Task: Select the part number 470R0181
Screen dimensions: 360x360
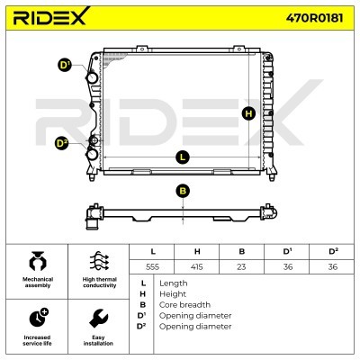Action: pyautogui.click(x=314, y=18)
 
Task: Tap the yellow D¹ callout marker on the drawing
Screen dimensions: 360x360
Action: pyautogui.click(x=65, y=66)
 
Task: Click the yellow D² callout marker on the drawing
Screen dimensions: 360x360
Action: pyautogui.click(x=62, y=144)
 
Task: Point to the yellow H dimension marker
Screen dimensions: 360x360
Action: pyautogui.click(x=248, y=113)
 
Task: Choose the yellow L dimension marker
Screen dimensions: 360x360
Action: pyautogui.click(x=183, y=157)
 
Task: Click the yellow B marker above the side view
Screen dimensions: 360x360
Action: pyautogui.click(x=183, y=191)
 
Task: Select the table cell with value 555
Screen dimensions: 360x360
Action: pyautogui.click(x=152, y=266)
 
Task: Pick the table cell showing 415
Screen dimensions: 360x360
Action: pyautogui.click(x=197, y=266)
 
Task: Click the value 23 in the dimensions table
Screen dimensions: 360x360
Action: pyautogui.click(x=241, y=266)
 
